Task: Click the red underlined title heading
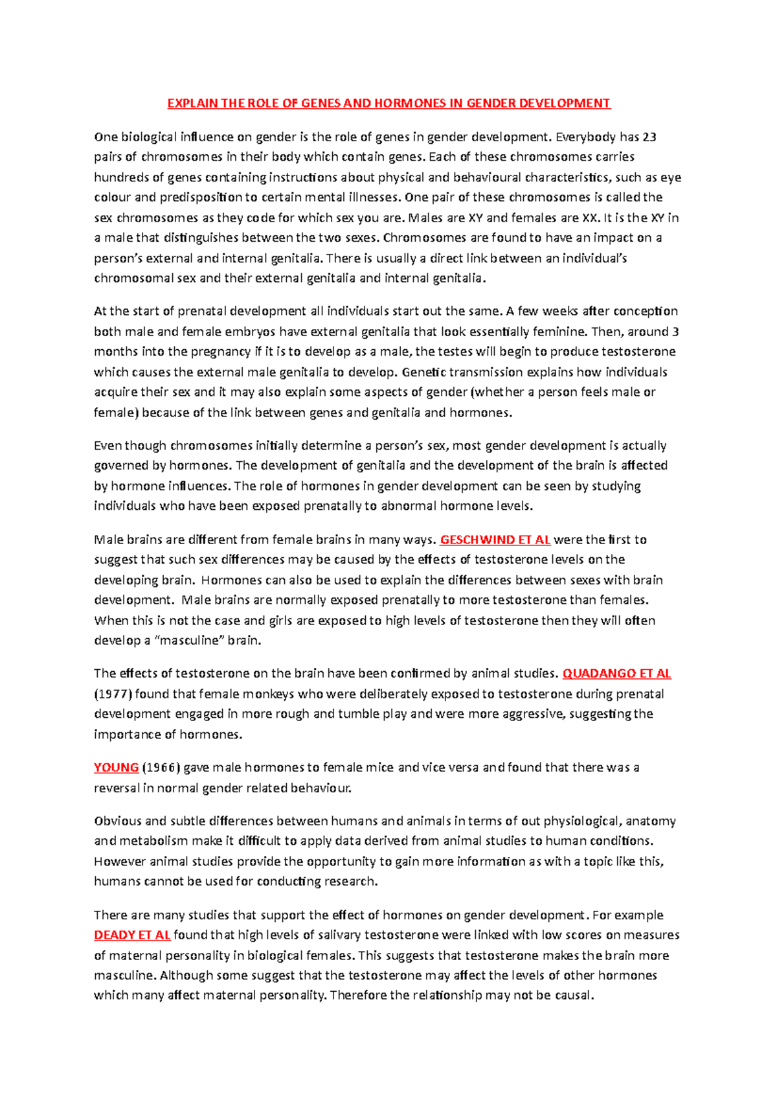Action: point(388,103)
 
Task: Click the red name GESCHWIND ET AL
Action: point(495,540)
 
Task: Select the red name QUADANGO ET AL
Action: point(616,674)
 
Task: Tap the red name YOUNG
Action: point(116,768)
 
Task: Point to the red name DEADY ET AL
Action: point(132,935)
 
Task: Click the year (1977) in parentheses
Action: point(113,694)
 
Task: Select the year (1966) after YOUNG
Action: point(161,768)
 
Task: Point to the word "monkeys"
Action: point(269,694)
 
